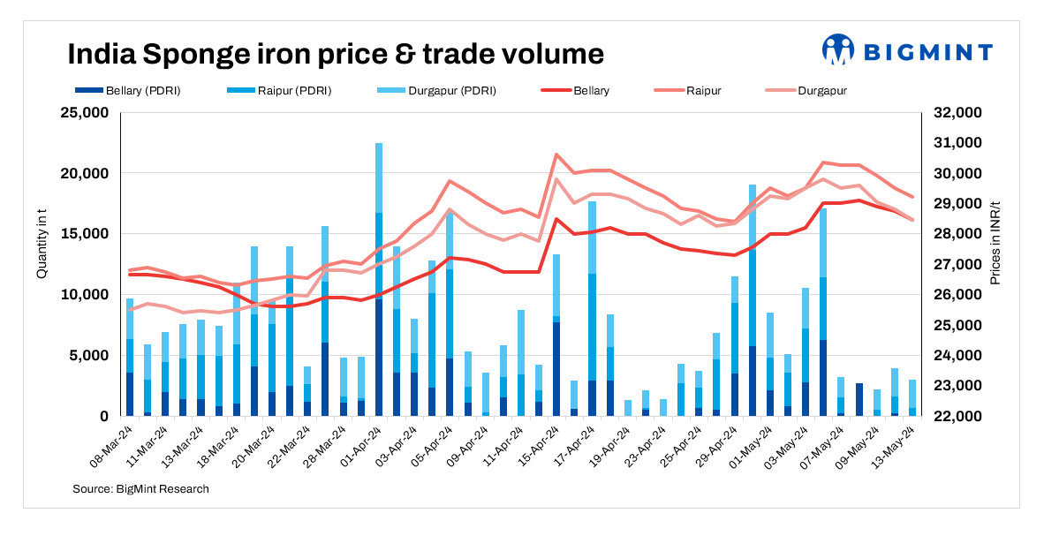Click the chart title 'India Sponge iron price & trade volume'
[336, 54]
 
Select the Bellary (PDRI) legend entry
[129, 91]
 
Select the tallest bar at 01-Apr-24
[379, 279]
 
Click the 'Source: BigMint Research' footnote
[141, 488]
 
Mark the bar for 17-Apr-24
[592, 309]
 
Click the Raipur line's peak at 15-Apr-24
[556, 155]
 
